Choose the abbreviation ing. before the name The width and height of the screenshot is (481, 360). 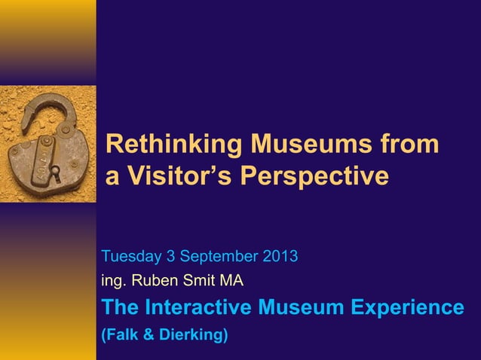click(114, 282)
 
